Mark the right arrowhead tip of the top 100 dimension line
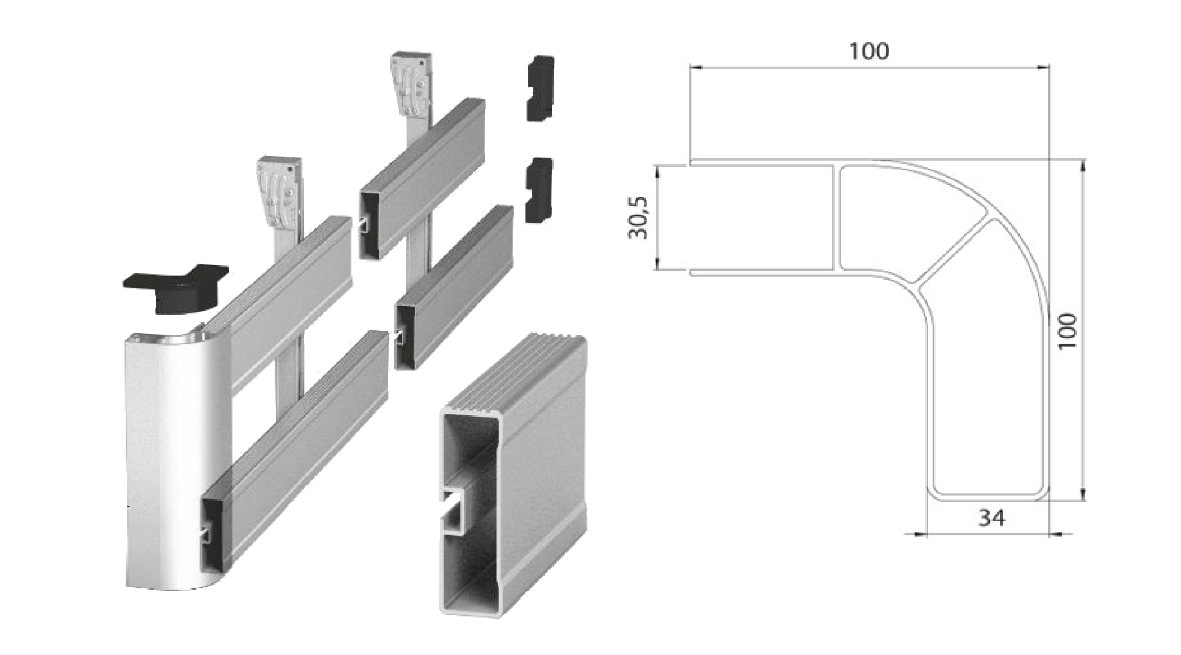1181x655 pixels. coord(1049,68)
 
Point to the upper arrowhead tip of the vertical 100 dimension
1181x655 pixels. coord(1082,160)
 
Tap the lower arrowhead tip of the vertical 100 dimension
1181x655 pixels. coord(1082,501)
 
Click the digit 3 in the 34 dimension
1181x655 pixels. coord(984,517)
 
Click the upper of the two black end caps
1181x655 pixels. coord(540,88)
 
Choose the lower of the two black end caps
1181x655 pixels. coord(539,191)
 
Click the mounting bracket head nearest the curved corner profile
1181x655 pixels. coord(279,193)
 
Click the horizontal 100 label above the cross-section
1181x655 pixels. coord(869,51)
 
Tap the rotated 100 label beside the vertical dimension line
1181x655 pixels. coord(1067,331)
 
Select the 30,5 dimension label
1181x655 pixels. coord(639,218)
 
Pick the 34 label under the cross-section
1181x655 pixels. coord(991,517)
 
